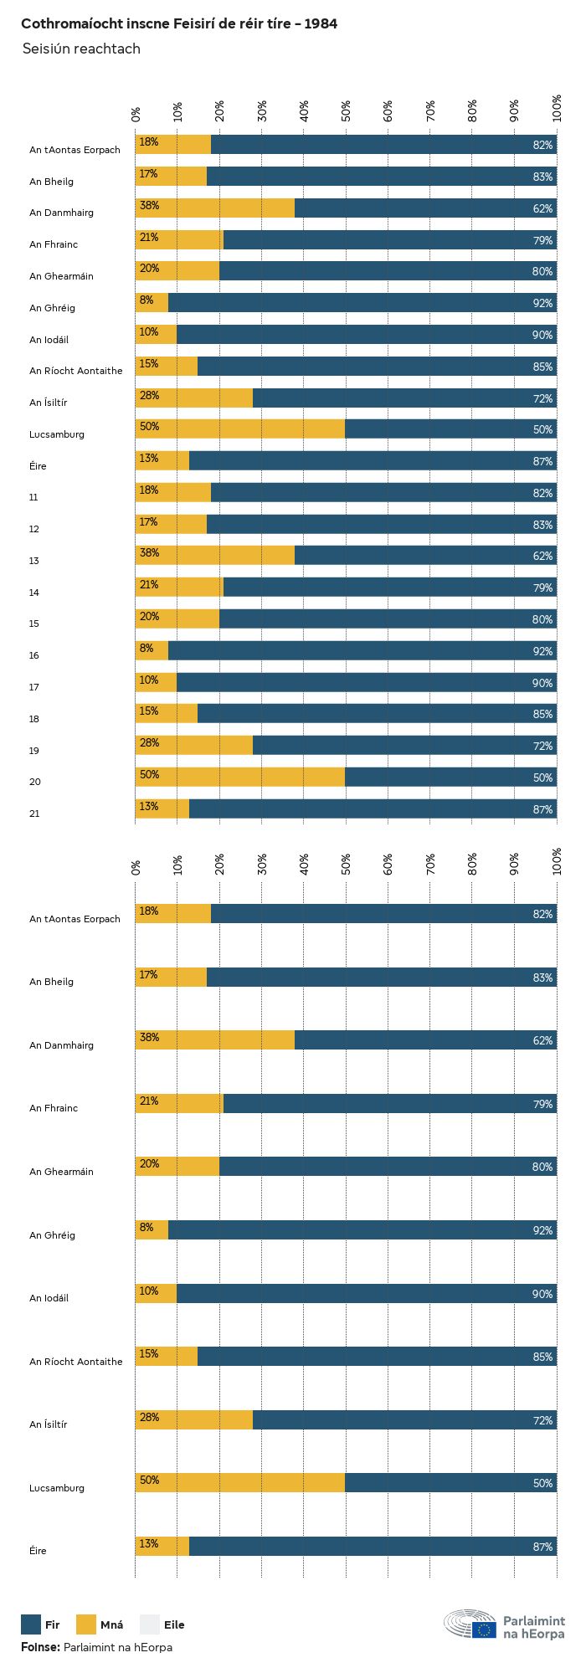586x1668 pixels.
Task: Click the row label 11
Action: coord(33,497)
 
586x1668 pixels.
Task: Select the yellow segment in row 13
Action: coord(215,556)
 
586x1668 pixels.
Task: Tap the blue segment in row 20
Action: coord(450,778)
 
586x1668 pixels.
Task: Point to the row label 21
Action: coord(34,813)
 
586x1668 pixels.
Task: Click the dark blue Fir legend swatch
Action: coord(31,1624)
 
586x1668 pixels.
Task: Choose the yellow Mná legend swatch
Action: coord(86,1624)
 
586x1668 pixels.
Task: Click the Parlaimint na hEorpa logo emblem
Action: coord(470,1624)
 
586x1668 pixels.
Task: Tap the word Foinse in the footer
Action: coord(40,1647)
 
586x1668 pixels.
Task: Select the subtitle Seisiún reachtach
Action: coord(81,49)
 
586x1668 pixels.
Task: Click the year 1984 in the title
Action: coord(321,23)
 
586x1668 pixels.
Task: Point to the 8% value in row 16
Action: coord(146,648)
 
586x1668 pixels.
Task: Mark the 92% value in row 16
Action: coord(542,652)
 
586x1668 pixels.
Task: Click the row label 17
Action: coord(34,687)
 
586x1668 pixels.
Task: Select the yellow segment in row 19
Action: coord(194,746)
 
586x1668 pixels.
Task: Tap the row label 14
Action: coord(34,593)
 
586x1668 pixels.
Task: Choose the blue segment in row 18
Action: coord(377,714)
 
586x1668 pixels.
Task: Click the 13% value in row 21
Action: coord(149,806)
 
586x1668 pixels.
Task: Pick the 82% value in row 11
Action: coord(542,494)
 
